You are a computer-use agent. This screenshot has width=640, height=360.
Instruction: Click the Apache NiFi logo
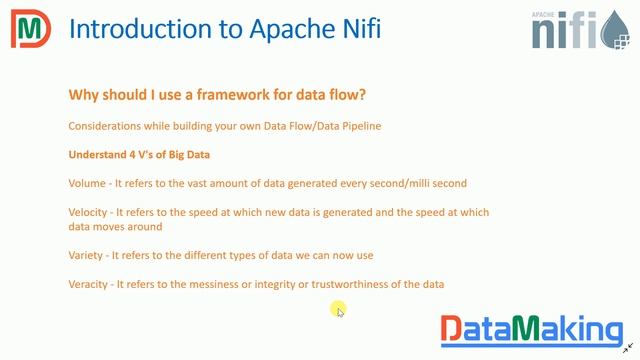tap(578, 29)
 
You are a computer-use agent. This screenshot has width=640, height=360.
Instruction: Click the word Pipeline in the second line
tap(357, 126)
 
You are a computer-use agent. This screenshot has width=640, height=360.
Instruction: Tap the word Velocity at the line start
tap(90, 212)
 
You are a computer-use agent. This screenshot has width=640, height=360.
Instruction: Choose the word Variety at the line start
tap(86, 255)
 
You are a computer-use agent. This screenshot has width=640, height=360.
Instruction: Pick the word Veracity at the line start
tap(90, 285)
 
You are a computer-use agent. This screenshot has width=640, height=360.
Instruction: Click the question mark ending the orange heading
tap(362, 95)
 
